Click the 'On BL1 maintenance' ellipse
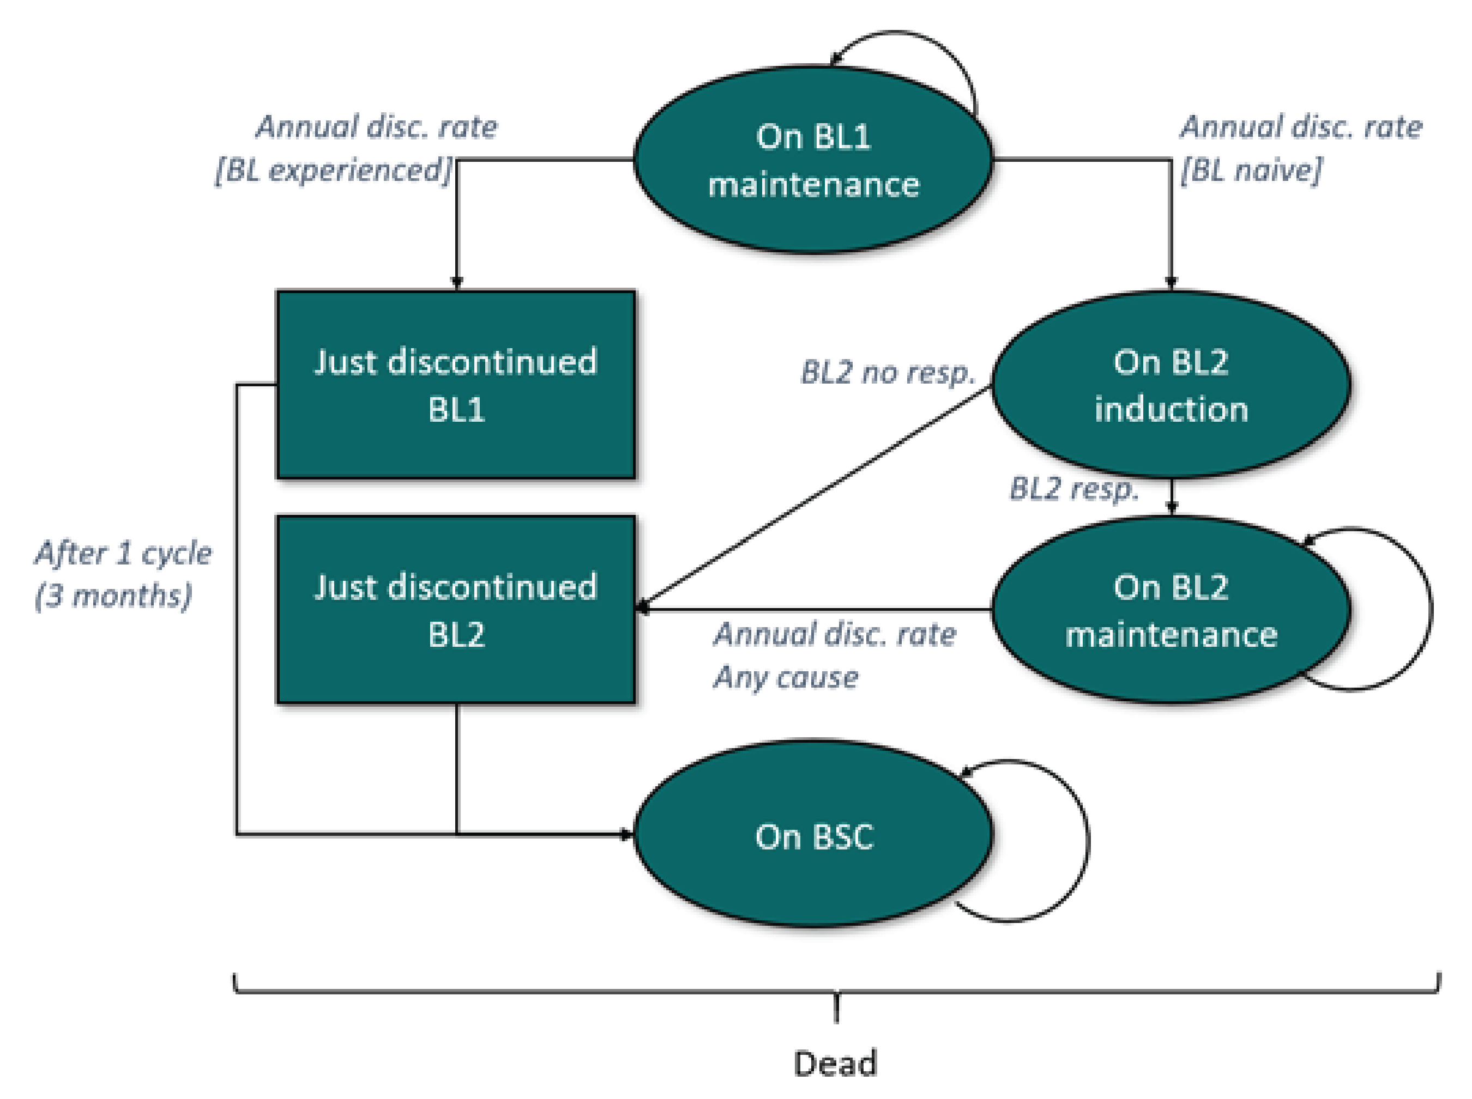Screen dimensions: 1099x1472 point(812,160)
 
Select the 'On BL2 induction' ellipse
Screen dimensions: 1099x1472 point(1171,385)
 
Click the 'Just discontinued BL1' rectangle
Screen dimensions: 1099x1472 point(456,385)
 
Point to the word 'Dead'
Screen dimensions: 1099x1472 point(835,1063)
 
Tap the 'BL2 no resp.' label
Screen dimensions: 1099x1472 point(888,373)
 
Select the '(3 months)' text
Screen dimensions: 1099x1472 point(113,596)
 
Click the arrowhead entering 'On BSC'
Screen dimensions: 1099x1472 point(625,834)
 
